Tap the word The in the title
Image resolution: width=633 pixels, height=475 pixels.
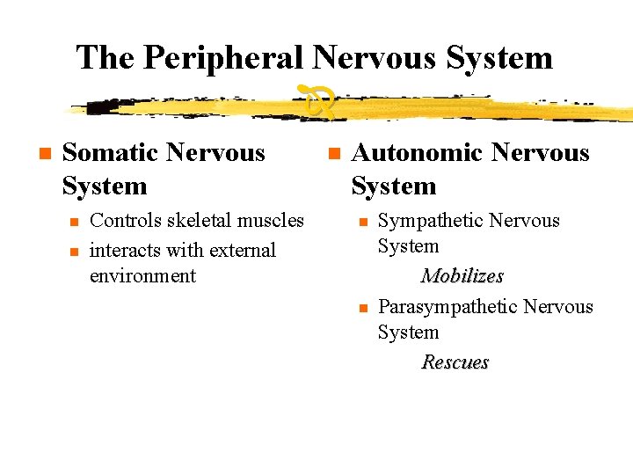(106, 58)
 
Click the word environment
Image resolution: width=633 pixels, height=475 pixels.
(142, 276)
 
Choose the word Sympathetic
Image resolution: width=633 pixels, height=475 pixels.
(431, 222)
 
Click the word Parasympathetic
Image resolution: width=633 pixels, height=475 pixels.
(447, 307)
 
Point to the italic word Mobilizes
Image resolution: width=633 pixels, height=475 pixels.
(462, 276)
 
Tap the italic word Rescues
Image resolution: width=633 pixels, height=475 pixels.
(455, 362)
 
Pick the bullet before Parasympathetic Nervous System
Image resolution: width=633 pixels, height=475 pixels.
(362, 308)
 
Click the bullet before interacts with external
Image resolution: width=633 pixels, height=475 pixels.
(75, 252)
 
